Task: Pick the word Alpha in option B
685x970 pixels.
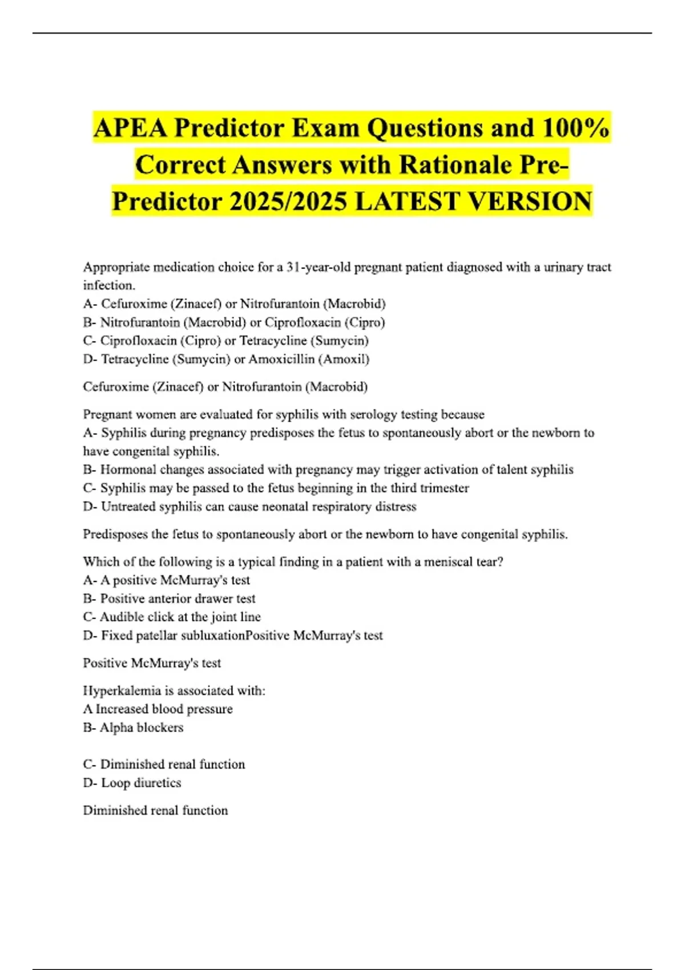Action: (116, 727)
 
